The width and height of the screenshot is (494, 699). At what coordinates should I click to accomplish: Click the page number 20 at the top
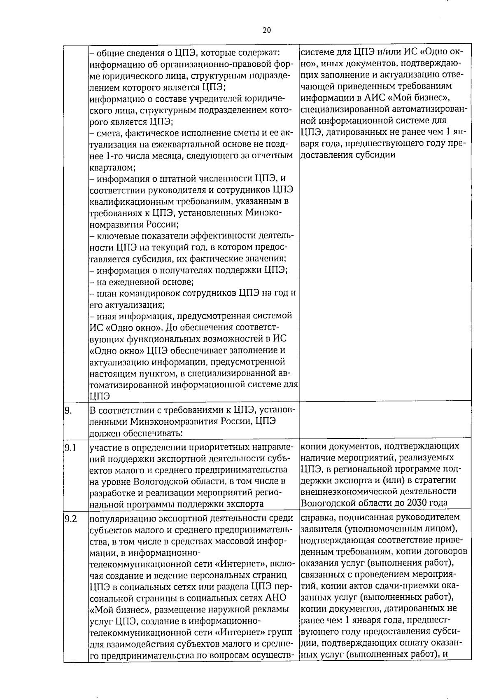pos(266,30)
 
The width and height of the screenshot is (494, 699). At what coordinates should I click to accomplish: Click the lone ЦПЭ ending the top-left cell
pos(99,396)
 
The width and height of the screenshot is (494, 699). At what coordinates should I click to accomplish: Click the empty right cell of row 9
pos(385,421)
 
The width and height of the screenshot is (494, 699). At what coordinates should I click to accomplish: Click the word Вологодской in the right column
pos(327,503)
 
